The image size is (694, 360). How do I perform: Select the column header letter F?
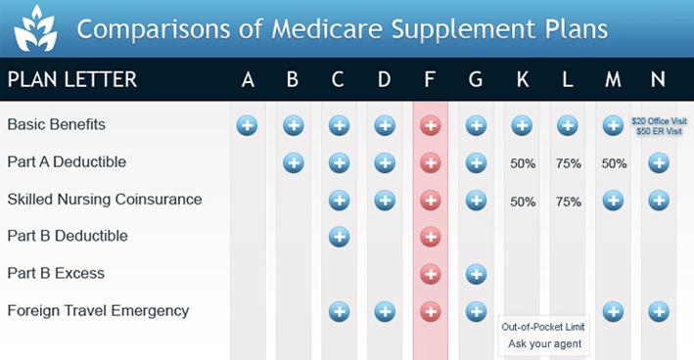pos(430,79)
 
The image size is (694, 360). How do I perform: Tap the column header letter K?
pos(522,79)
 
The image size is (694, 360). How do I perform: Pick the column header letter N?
pos(660,79)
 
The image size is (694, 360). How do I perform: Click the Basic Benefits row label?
pos(56,125)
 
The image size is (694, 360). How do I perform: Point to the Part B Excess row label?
pos(56,274)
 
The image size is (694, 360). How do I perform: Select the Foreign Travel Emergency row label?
pos(98,311)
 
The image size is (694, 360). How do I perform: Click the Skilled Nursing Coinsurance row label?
pos(105,200)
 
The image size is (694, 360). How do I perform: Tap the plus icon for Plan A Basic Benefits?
pos(248,125)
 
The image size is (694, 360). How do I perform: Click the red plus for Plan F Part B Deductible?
pos(430,237)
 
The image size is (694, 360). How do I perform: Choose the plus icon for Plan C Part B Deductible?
pos(339,237)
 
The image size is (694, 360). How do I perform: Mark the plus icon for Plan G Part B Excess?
pos(476,274)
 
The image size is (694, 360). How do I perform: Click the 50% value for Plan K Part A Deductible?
pos(523,163)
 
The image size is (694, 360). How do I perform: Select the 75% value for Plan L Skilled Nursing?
pos(568,201)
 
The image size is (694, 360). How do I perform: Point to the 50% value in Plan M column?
pos(614,163)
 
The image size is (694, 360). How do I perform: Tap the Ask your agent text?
pos(545,343)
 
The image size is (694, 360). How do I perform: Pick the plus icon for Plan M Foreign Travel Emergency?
pos(614,311)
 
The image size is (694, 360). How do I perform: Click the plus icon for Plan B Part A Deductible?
pos(293,162)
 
